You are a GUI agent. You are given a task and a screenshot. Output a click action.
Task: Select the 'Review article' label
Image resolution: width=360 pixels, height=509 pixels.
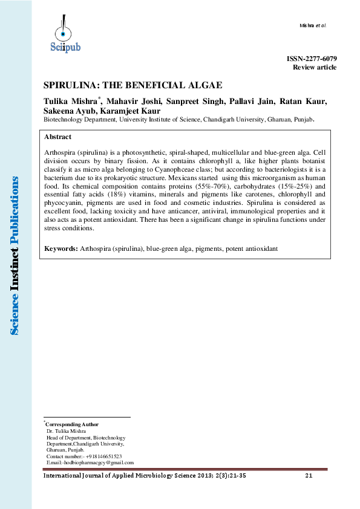tap(315, 66)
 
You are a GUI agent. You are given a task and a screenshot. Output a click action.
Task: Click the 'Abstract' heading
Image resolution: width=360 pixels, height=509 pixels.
tap(57, 137)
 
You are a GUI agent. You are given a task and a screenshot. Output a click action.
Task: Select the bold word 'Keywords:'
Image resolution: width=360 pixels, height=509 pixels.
tap(61, 248)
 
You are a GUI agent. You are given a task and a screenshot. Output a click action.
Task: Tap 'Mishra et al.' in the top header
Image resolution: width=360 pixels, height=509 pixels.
tap(313, 25)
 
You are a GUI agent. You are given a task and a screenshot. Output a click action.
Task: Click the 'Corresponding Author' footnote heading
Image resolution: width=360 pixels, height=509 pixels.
tap(73, 424)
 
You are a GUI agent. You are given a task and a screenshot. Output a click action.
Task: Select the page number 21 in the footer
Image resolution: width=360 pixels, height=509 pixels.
tap(309, 476)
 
